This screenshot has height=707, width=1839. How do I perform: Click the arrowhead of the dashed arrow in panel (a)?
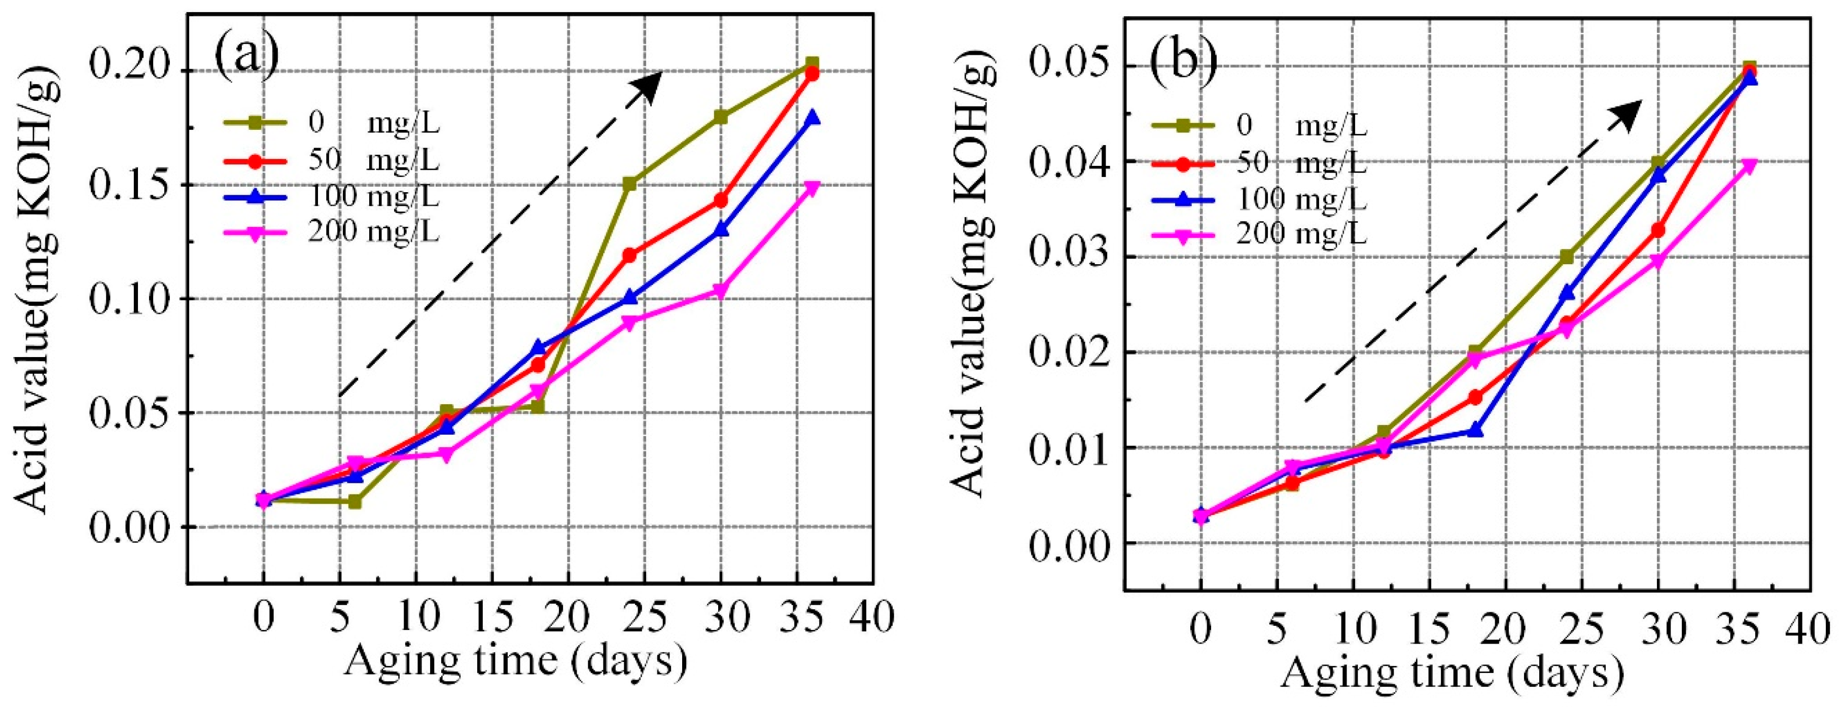(x=649, y=85)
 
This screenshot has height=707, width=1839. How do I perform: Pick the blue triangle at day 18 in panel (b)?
(x=1476, y=430)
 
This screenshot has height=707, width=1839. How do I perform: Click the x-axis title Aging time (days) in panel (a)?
(x=515, y=660)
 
